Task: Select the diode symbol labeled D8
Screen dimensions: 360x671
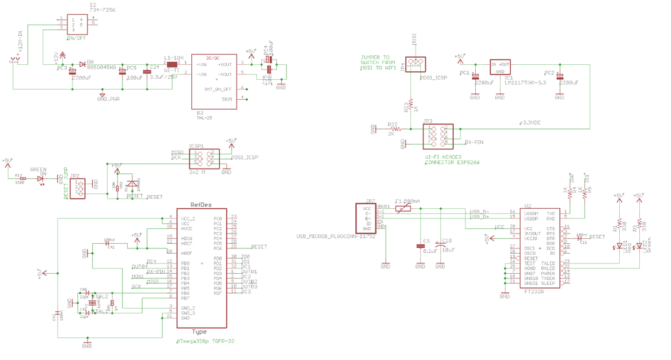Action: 82,64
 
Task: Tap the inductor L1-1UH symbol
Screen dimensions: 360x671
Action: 172,64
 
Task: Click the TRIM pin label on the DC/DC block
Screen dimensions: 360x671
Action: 227,99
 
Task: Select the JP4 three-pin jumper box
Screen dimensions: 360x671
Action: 414,65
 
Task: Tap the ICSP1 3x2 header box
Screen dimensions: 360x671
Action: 204,159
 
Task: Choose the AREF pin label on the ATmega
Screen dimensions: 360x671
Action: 187,253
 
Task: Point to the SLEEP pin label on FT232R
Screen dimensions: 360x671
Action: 548,283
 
